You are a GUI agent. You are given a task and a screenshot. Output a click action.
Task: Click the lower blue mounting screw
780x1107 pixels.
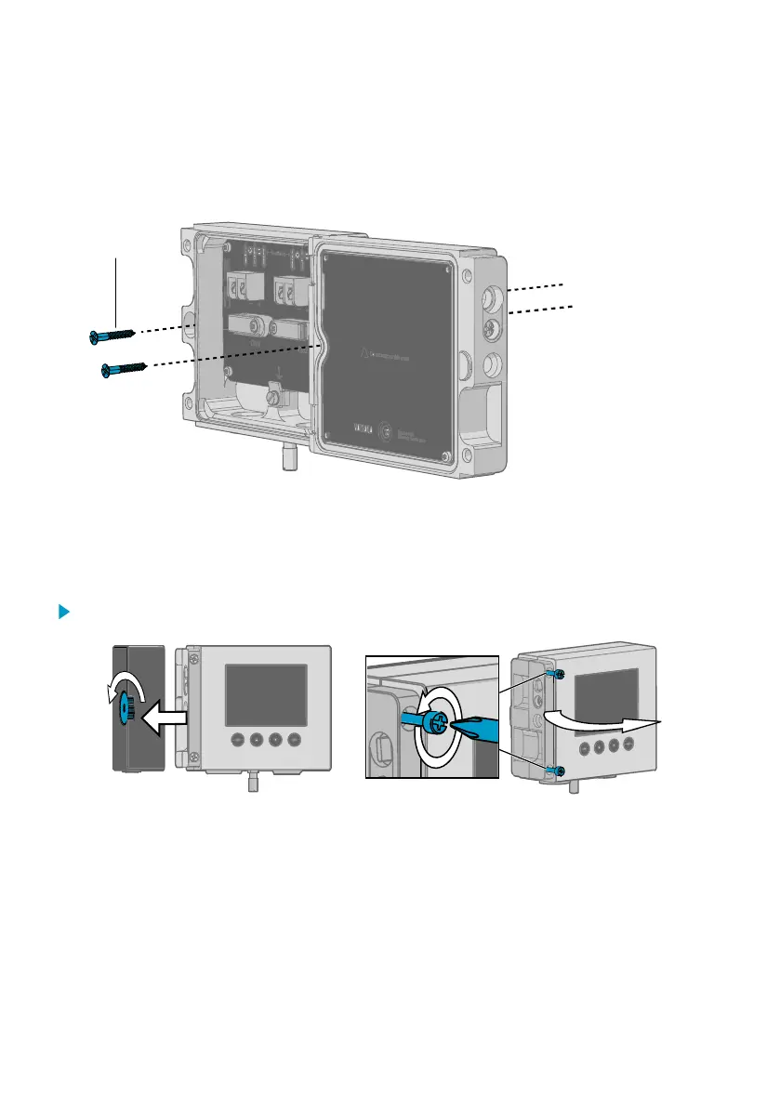click(123, 369)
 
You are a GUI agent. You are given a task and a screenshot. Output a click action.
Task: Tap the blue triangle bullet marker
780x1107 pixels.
click(64, 613)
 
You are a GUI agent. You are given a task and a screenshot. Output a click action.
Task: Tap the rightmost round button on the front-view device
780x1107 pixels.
click(296, 740)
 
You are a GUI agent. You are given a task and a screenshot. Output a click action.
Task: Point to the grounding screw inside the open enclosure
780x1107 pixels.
click(273, 398)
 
